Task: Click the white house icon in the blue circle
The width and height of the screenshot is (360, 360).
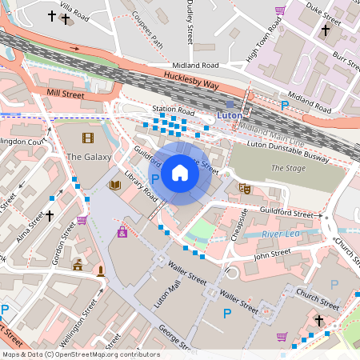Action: [180, 173]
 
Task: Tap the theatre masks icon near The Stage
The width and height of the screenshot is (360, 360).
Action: [245, 189]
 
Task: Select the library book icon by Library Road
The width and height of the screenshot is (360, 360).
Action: [115, 185]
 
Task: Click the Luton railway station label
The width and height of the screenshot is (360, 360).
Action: [230, 116]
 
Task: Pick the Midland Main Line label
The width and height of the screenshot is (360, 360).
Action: [272, 131]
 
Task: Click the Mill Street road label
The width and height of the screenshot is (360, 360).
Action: [65, 94]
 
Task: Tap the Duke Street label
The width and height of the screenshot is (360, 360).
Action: [327, 13]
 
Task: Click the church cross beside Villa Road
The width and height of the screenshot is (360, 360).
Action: [53, 15]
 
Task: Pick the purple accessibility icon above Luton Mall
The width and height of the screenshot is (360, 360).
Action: [122, 232]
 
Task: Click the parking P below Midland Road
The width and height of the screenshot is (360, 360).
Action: [284, 106]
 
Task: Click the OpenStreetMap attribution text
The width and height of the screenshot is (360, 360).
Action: [80, 354]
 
